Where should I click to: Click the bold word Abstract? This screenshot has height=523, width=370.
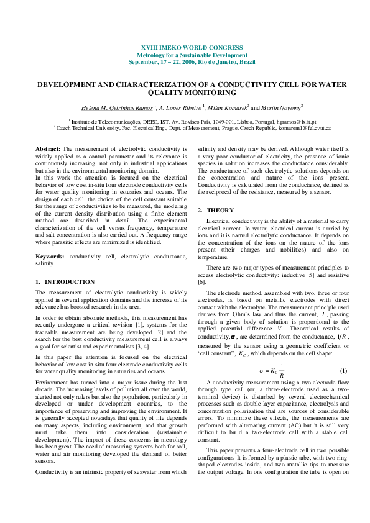pyautogui.click(x=48, y=149)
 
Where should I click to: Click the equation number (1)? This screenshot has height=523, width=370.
pyautogui.click(x=343, y=353)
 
